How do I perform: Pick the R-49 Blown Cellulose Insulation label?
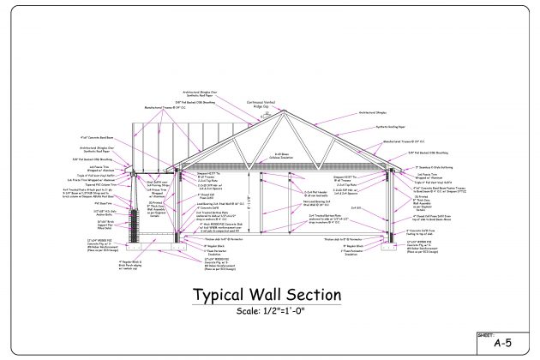point(273,156)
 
